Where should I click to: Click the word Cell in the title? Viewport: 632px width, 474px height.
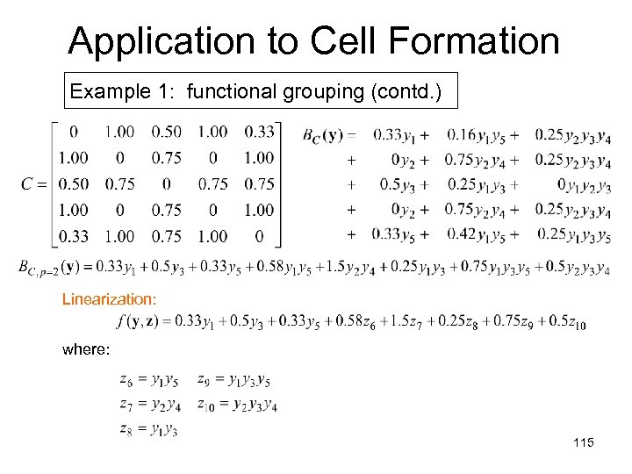coord(351,40)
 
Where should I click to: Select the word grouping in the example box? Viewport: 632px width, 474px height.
coord(321,91)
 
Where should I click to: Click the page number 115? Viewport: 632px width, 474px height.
coord(583,443)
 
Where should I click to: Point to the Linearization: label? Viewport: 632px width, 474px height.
coord(110,299)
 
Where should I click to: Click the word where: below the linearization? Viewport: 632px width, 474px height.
coord(86,349)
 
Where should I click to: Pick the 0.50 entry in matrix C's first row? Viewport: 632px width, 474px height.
coord(166,133)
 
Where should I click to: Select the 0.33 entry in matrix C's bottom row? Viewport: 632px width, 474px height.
coord(73,236)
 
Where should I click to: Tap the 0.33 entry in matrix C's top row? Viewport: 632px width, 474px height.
coord(259,133)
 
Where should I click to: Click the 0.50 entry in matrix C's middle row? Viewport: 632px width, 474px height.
coord(73,184)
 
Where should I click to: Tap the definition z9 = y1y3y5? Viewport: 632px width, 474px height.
coord(233,380)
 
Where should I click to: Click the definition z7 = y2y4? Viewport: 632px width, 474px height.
coord(150,405)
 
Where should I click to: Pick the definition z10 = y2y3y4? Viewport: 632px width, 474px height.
coord(237,405)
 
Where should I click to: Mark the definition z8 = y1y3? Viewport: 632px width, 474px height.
coord(148,429)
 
